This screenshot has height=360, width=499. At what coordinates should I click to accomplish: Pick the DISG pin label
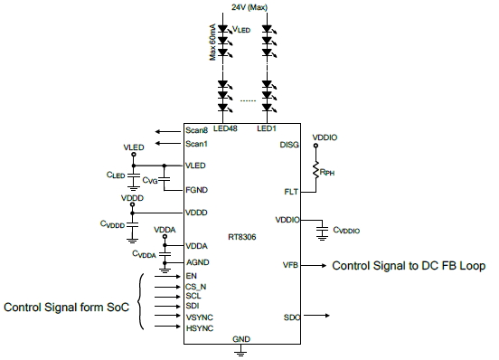coord(290,143)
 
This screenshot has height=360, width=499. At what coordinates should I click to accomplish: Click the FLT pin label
coord(290,193)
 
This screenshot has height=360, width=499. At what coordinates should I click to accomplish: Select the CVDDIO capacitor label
coord(346,231)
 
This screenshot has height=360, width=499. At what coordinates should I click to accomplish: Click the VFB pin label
coord(291,265)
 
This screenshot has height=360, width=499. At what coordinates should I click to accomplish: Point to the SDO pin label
coord(291,317)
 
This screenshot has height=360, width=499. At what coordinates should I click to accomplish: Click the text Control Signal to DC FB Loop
coord(410,266)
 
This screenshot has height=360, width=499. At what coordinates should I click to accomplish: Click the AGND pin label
coord(198,261)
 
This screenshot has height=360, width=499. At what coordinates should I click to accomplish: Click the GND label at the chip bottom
coord(241,338)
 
